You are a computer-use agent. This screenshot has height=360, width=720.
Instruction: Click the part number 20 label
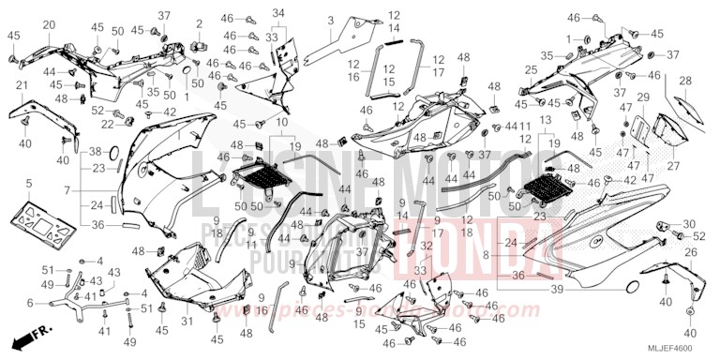pyautogui.click(x=49, y=24)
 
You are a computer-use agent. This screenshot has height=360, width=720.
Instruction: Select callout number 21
pyautogui.click(x=21, y=86)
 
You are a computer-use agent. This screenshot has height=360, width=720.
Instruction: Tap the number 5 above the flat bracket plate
pyautogui.click(x=29, y=184)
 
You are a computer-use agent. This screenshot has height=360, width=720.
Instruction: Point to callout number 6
pyautogui.click(x=30, y=302)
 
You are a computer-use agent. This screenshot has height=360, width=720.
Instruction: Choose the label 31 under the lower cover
pyautogui.click(x=186, y=322)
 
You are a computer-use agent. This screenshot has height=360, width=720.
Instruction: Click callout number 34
pyautogui.click(x=277, y=12)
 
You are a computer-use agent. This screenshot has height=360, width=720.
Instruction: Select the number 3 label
pyautogui.click(x=330, y=20)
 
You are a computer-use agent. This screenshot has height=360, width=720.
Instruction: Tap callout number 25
pyautogui.click(x=531, y=70)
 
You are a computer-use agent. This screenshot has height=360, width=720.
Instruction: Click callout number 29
pyautogui.click(x=643, y=97)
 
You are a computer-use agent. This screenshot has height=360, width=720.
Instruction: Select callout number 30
pyautogui.click(x=689, y=224)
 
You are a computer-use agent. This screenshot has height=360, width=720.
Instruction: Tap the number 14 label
pyautogui.click(x=395, y=29)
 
